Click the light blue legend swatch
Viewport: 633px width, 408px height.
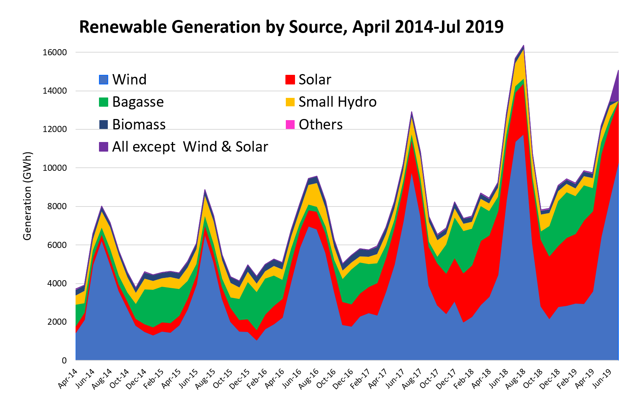click(x=104, y=80)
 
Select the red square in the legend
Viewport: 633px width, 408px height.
click(x=290, y=80)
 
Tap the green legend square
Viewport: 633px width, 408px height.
click(x=104, y=102)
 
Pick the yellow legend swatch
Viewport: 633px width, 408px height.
click(x=290, y=102)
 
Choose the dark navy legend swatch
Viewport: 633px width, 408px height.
click(x=104, y=125)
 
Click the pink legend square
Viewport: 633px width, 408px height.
click(x=290, y=125)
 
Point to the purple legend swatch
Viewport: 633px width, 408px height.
click(x=104, y=147)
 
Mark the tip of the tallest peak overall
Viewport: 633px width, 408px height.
click(x=524, y=46)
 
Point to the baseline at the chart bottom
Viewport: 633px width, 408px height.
click(x=345, y=360)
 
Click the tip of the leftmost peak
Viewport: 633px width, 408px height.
click(x=102, y=207)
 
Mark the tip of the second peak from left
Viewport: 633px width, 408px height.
click(x=205, y=190)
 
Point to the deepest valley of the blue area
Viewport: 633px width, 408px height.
click(x=257, y=340)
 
